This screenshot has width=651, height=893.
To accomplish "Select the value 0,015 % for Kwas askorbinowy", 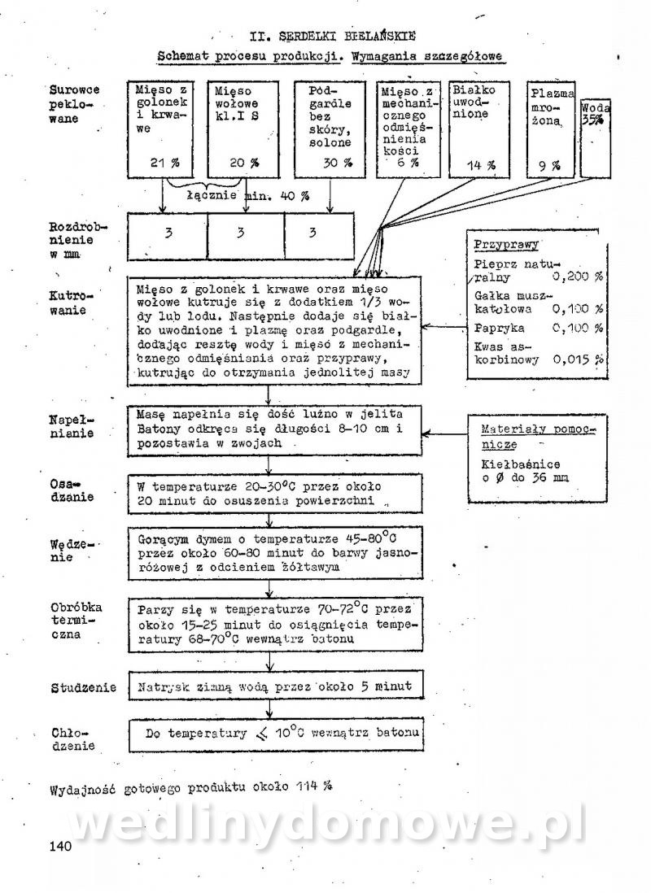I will [x=579, y=359].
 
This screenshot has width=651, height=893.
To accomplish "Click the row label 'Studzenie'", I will [x=83, y=687].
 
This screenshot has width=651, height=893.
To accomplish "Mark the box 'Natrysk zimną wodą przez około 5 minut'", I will [x=277, y=686].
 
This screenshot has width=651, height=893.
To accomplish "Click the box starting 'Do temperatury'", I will [x=277, y=734].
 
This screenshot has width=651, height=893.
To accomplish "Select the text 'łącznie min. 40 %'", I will [x=247, y=196].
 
